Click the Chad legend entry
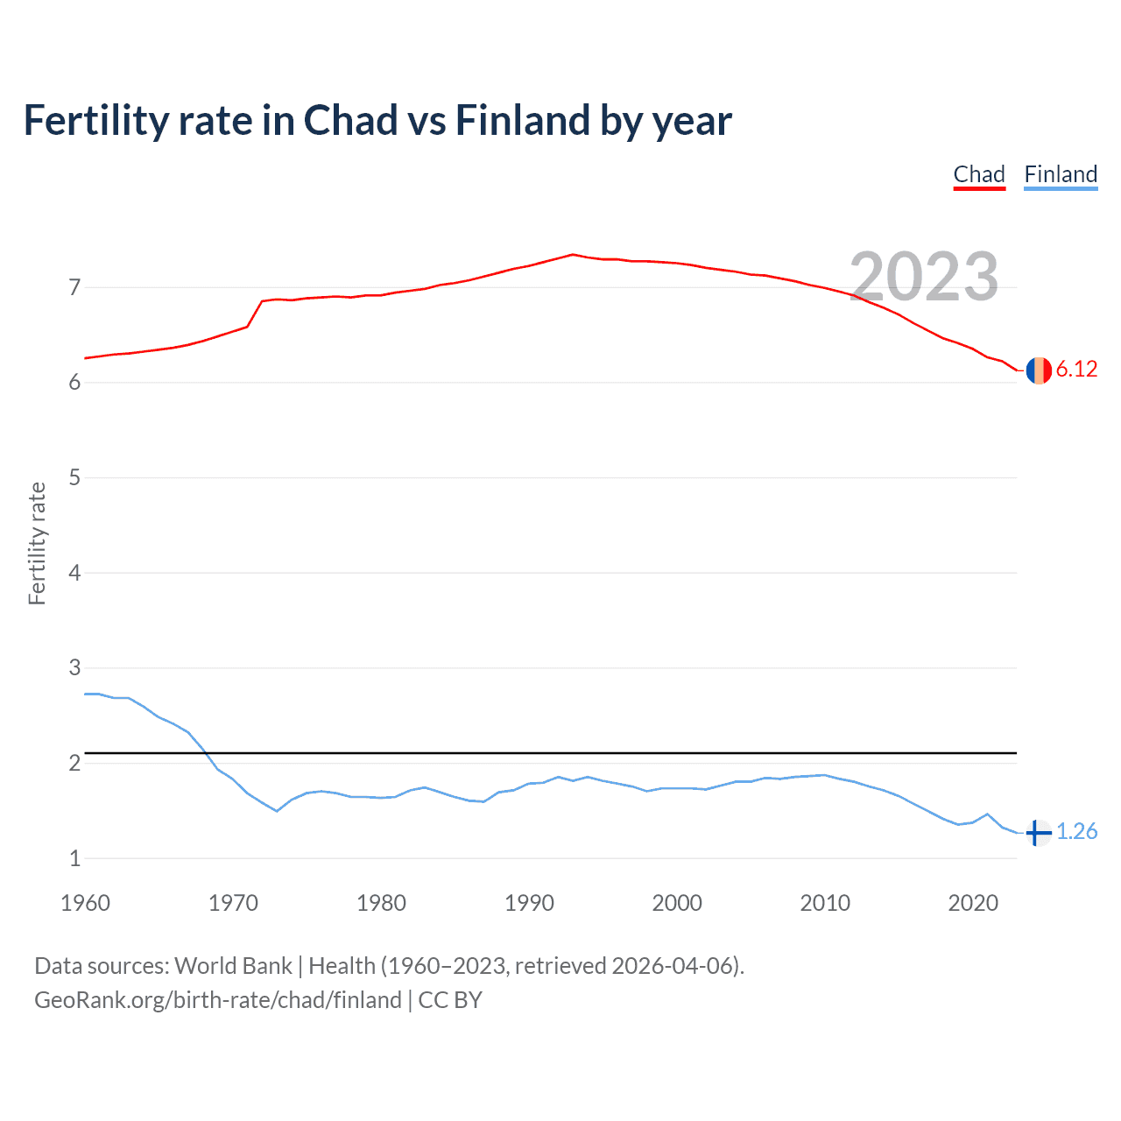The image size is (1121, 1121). [x=979, y=174]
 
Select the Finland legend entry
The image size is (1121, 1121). [x=1061, y=174]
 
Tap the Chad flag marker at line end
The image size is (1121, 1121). [x=1038, y=370]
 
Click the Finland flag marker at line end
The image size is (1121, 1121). [x=1038, y=833]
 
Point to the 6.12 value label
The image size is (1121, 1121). [x=1076, y=370]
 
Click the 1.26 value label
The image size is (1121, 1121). [x=1076, y=832]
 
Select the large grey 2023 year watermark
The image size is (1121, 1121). [x=924, y=277]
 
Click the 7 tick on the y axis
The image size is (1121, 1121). [x=74, y=287]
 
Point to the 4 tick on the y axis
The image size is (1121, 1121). [x=74, y=573]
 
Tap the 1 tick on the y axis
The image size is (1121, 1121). [x=74, y=858]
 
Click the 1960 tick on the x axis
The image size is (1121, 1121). [x=85, y=903]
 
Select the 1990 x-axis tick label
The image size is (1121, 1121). [x=529, y=903]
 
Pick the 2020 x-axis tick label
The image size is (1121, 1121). [x=973, y=903]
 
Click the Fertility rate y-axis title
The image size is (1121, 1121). [x=37, y=543]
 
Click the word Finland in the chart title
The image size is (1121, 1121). [x=522, y=121]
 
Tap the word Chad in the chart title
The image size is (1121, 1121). [x=350, y=121]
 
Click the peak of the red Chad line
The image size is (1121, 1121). [x=572, y=255]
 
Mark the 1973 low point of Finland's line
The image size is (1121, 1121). [x=277, y=811]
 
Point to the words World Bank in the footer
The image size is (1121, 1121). [x=233, y=966]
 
